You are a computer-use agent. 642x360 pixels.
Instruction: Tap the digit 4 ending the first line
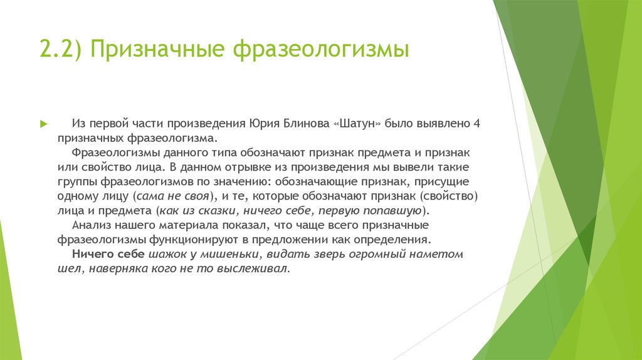point(476,124)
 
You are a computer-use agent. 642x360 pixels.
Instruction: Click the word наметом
point(437,254)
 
